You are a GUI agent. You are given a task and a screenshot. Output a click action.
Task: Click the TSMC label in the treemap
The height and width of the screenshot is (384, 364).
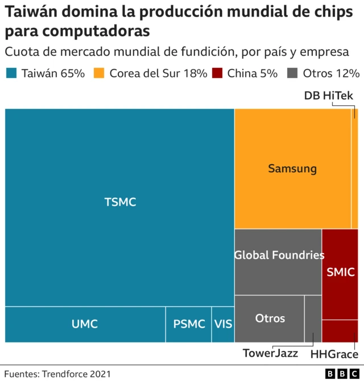(x=120, y=202)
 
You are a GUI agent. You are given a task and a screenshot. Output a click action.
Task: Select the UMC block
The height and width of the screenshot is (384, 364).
(x=85, y=324)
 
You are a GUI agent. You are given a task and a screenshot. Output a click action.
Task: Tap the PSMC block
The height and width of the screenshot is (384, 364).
(x=189, y=324)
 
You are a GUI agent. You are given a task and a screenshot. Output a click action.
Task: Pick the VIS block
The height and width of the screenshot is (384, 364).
(x=223, y=324)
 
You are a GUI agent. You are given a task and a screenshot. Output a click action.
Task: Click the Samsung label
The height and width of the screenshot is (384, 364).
(x=292, y=169)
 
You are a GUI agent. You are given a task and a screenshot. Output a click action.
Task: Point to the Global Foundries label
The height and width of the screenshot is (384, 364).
(x=279, y=255)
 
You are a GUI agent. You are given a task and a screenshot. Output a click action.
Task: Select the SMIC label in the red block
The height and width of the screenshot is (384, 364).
(x=340, y=272)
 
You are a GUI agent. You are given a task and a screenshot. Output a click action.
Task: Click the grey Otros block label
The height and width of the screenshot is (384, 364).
(x=270, y=318)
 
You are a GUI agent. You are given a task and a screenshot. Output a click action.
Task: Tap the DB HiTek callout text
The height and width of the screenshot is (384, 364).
(x=329, y=96)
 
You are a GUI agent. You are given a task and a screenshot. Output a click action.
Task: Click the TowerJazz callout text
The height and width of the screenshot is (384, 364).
(x=270, y=353)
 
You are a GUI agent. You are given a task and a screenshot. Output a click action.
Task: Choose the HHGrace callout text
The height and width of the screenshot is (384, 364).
(x=334, y=354)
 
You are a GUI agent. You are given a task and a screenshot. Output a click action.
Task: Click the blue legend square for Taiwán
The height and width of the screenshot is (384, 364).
(x=11, y=73)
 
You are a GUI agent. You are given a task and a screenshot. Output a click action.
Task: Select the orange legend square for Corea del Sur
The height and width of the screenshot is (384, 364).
(x=99, y=73)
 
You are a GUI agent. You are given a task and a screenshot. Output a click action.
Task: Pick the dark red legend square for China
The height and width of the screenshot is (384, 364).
(x=217, y=73)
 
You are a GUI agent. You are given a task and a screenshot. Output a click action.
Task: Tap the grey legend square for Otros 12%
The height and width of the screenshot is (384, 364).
(x=293, y=73)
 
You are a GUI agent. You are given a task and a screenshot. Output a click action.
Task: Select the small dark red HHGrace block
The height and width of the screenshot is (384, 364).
(x=340, y=331)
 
